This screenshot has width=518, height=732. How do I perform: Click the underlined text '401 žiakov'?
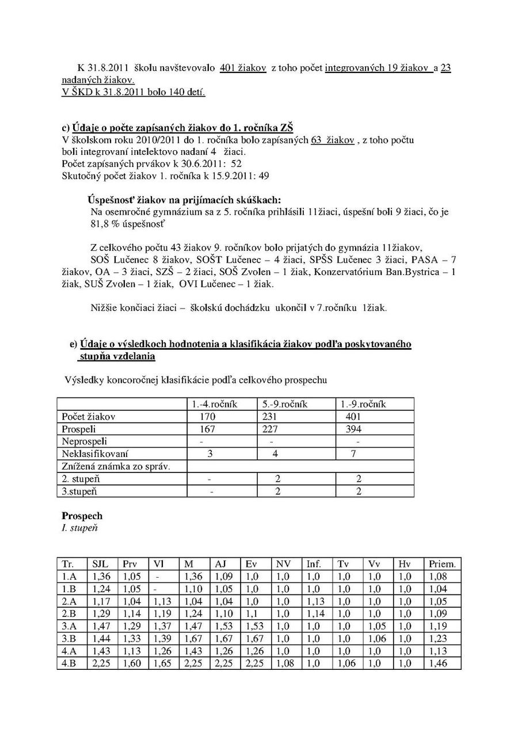tap(243, 68)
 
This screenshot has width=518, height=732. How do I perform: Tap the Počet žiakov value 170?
tap(207, 417)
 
